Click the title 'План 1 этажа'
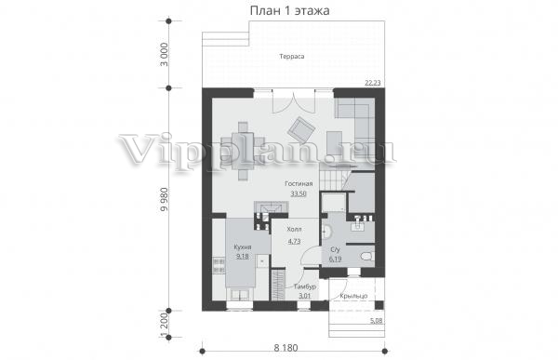coord(289,10)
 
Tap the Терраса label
coord(292,56)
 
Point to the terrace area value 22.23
coord(373,83)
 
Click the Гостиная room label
coord(299,184)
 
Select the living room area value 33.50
coord(299,193)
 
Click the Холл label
coord(294,229)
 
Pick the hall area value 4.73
coord(294,241)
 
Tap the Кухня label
coord(243,247)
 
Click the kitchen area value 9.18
coord(243,256)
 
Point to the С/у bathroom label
coord(335,249)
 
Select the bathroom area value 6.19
coord(335,259)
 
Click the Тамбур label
coord(305,287)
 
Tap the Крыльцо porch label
coord(353,296)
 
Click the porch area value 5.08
coord(376,321)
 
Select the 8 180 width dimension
coord(286,348)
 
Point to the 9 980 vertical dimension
coord(164,199)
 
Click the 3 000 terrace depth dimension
coord(164,55)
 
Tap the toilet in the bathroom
coord(366,256)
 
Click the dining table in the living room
coord(244,150)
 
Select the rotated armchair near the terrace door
coord(301,129)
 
